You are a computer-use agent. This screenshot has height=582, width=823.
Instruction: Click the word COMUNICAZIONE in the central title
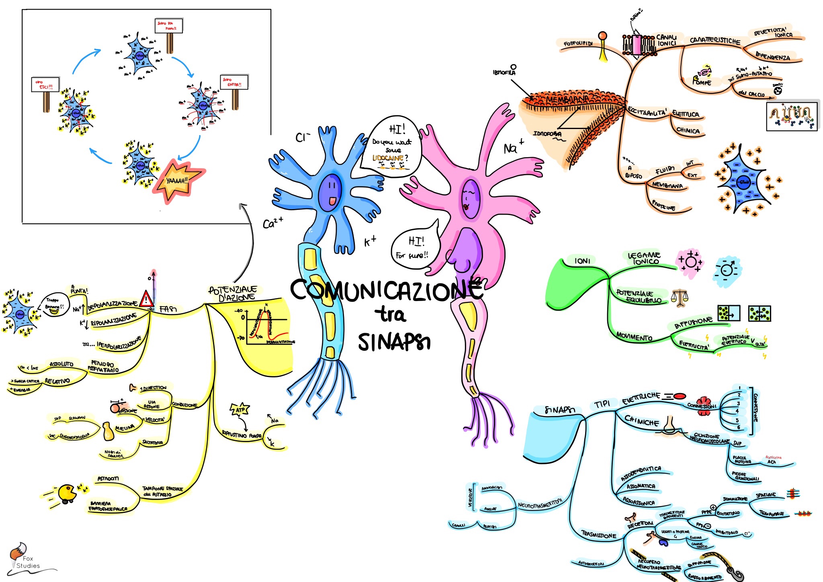click(386, 289)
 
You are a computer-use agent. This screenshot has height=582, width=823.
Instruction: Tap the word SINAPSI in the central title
click(394, 342)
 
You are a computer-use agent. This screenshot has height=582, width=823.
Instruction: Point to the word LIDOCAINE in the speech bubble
click(388, 158)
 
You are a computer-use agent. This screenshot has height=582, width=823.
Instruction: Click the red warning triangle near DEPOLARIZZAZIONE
click(146, 299)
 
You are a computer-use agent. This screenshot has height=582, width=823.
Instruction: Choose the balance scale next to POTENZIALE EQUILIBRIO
click(680, 298)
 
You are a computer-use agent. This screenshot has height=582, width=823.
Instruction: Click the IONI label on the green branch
click(582, 261)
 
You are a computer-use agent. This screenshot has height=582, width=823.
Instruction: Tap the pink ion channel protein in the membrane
click(637, 45)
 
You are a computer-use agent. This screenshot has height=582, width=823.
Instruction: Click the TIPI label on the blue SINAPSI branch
click(602, 404)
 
